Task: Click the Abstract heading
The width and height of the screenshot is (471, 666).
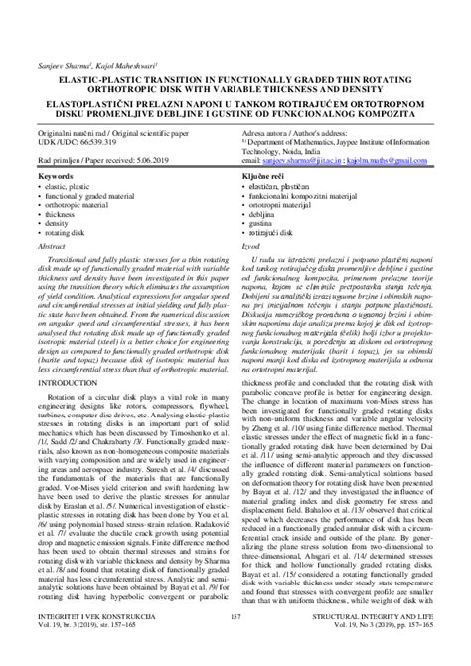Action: (50, 243)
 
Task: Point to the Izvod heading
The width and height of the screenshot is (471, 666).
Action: (250, 243)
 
